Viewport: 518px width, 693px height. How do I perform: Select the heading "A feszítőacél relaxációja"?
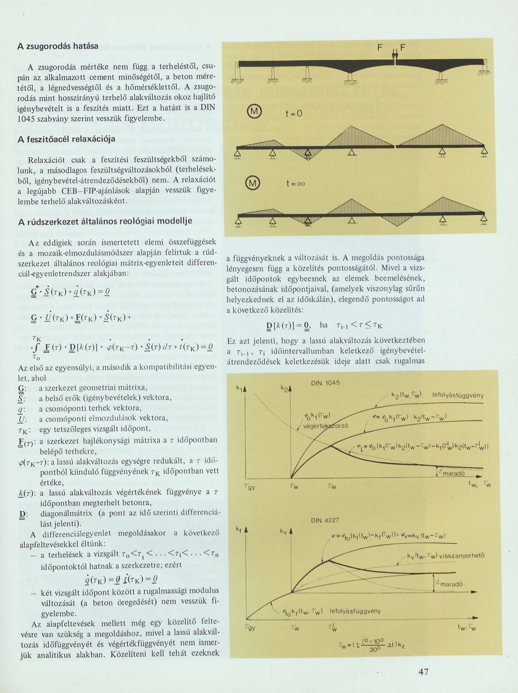[x=66, y=139]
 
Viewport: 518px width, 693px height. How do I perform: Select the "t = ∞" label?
[x=295, y=184]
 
